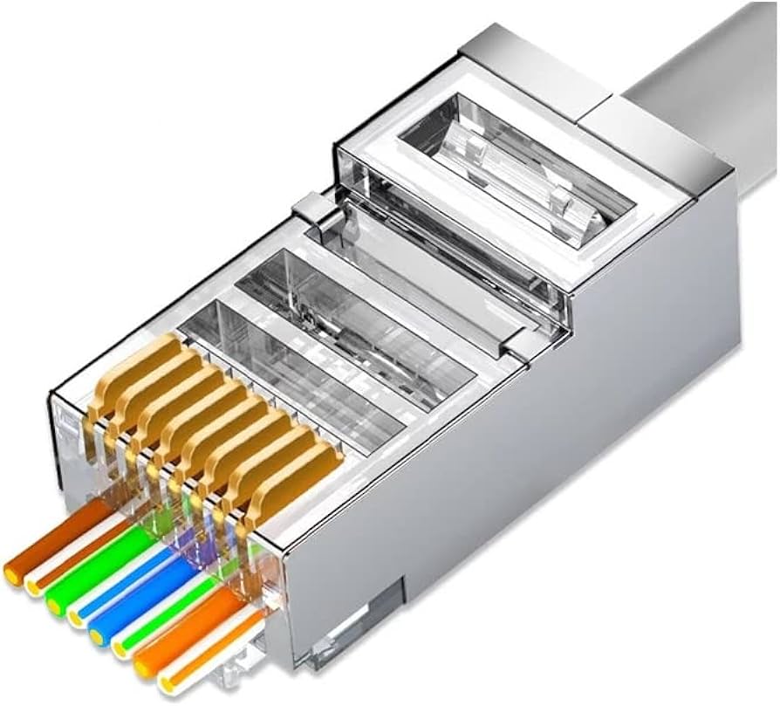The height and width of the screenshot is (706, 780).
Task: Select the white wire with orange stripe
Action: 209,650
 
